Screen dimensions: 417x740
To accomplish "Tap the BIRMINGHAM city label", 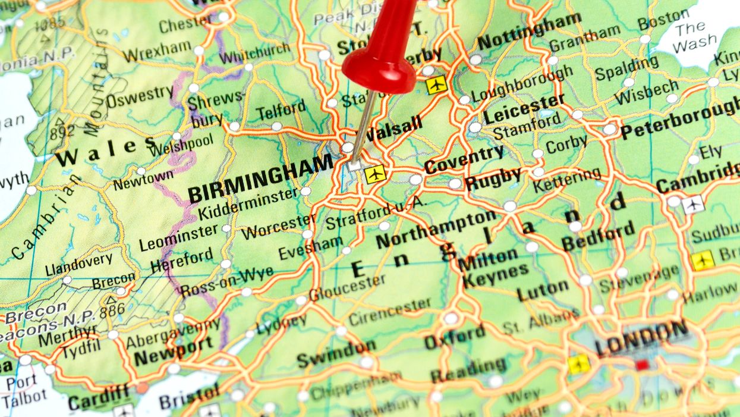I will coord(260,178).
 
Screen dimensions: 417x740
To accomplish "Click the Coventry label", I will coord(464,159).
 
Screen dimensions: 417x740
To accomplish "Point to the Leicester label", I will coord(522,108).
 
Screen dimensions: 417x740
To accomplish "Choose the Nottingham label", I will coord(529,32).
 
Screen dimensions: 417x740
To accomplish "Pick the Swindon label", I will coord(336,354).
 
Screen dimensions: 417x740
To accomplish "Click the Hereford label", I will coord(181,260).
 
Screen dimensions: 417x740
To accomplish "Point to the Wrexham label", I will coord(157,52).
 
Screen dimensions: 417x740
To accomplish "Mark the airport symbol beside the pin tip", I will coord(375,174).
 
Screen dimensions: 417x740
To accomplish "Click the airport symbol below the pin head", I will coord(436,84).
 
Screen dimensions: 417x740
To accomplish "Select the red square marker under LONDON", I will coord(641,365).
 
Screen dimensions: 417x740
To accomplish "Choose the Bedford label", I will coord(598,236).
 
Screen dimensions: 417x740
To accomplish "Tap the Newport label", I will coord(173,352).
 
